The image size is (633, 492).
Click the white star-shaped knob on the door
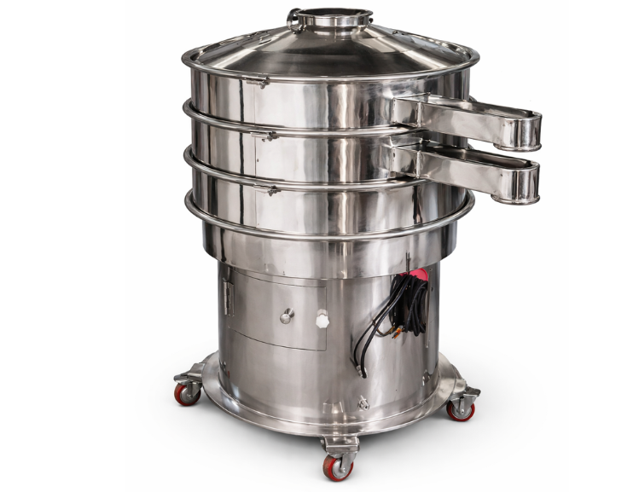[322, 321]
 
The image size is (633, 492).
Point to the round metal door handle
[287, 315]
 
